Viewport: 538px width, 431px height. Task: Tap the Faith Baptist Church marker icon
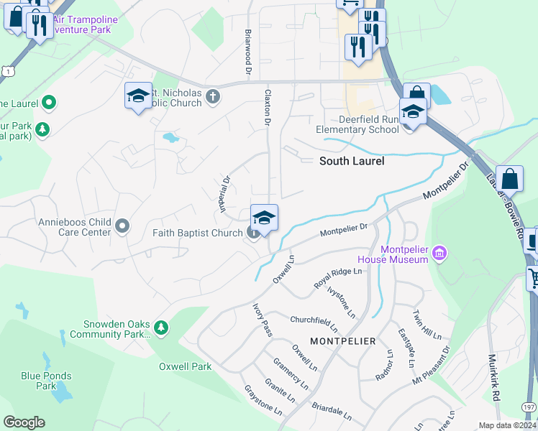pos(253,232)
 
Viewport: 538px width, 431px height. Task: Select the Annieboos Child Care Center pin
pos(122,227)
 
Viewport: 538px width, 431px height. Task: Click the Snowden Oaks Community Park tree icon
pos(161,328)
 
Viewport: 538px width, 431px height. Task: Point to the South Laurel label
pos(352,161)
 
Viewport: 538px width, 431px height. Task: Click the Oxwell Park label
pos(186,366)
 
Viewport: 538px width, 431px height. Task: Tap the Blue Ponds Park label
pos(46,381)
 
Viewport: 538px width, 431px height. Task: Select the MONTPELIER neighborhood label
pos(342,340)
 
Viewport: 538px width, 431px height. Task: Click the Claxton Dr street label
pos(267,108)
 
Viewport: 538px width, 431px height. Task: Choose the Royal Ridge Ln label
pos(337,278)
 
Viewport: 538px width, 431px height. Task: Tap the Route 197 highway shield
pos(529,407)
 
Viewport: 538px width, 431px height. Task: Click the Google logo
pos(24,422)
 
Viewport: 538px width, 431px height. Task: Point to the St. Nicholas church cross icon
pos(212,96)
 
